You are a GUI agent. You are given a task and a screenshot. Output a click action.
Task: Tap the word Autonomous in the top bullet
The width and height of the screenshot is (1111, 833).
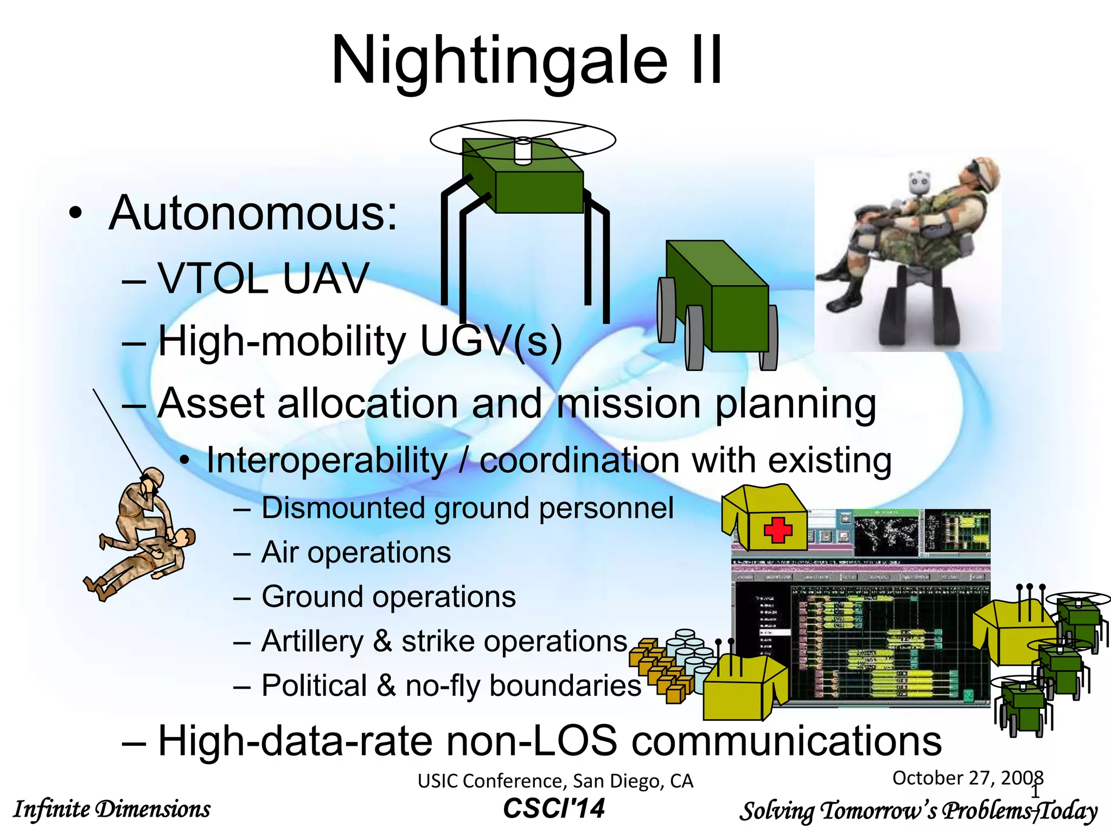[253, 213]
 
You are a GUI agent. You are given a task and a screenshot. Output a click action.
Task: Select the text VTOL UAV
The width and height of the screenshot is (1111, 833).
[263, 278]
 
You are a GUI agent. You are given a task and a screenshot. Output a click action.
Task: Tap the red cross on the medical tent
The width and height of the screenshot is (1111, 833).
[777, 530]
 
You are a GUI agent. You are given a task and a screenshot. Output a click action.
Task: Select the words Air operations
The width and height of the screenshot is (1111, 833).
[356, 553]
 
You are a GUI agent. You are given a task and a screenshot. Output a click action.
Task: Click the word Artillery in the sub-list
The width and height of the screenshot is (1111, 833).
[312, 642]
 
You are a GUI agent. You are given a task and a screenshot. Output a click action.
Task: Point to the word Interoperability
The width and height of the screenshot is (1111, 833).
[327, 461]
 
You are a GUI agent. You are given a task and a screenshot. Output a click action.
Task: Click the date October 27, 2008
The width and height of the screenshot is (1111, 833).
[967, 778]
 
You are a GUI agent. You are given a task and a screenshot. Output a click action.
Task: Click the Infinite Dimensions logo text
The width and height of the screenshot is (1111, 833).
[112, 809]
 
